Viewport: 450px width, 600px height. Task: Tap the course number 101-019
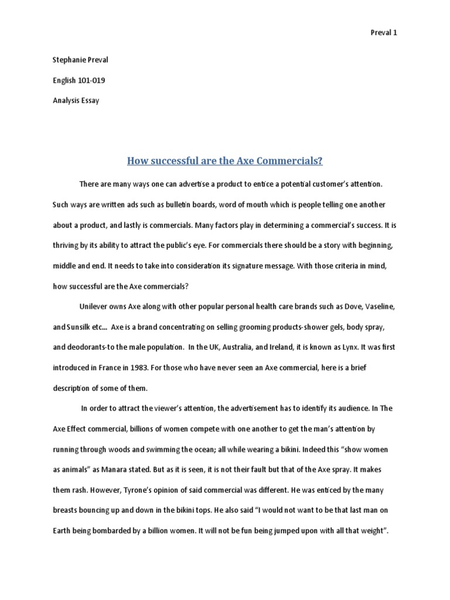click(91, 80)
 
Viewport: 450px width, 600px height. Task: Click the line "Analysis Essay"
click(76, 100)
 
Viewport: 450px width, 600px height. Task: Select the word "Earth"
click(62, 530)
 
